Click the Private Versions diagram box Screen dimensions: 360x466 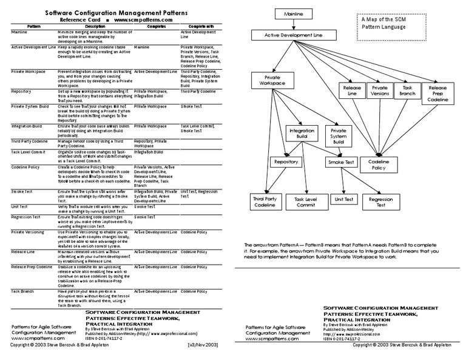point(380,91)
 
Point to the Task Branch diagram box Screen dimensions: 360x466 point(407,91)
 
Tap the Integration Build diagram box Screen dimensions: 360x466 point(302,134)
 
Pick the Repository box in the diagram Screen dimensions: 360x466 point(285,162)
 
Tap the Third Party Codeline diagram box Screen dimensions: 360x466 point(265,202)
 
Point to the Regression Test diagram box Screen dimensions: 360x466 point(380,202)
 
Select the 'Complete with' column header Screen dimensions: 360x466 point(201,27)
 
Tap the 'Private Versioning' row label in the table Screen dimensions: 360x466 point(28,232)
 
